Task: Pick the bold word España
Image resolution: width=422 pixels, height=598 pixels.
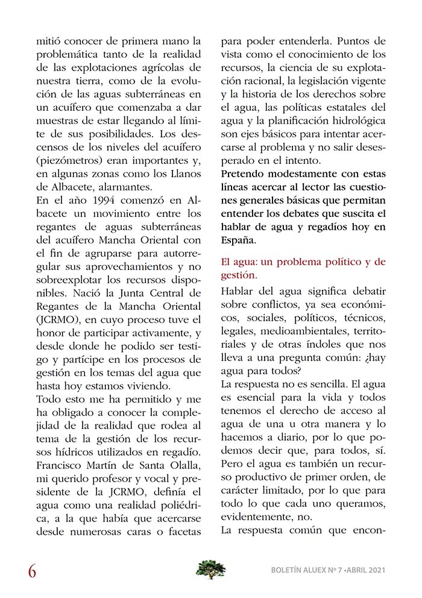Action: pos(238,240)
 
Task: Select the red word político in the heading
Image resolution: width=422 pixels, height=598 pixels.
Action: pos(341,262)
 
